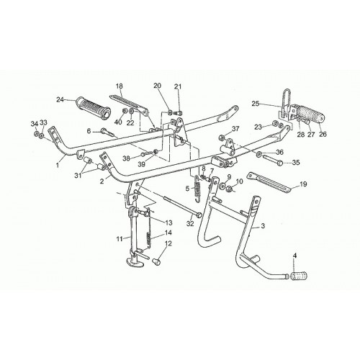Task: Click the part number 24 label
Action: coord(60,99)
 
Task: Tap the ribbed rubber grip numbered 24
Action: coord(93,108)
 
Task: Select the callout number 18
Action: coord(119,86)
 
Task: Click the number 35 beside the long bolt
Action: coord(296,163)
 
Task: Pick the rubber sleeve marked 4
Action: coord(299,276)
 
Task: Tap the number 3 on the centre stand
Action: coord(263,226)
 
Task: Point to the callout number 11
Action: coord(120,238)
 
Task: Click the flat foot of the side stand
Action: coord(135,262)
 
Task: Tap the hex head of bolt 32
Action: coord(198,215)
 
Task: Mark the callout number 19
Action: coord(303,184)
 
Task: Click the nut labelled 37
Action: coord(221,138)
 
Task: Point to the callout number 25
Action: coord(256,104)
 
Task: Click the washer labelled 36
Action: coord(259,154)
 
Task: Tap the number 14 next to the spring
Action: coord(168,233)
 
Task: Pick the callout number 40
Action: coord(118,122)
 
